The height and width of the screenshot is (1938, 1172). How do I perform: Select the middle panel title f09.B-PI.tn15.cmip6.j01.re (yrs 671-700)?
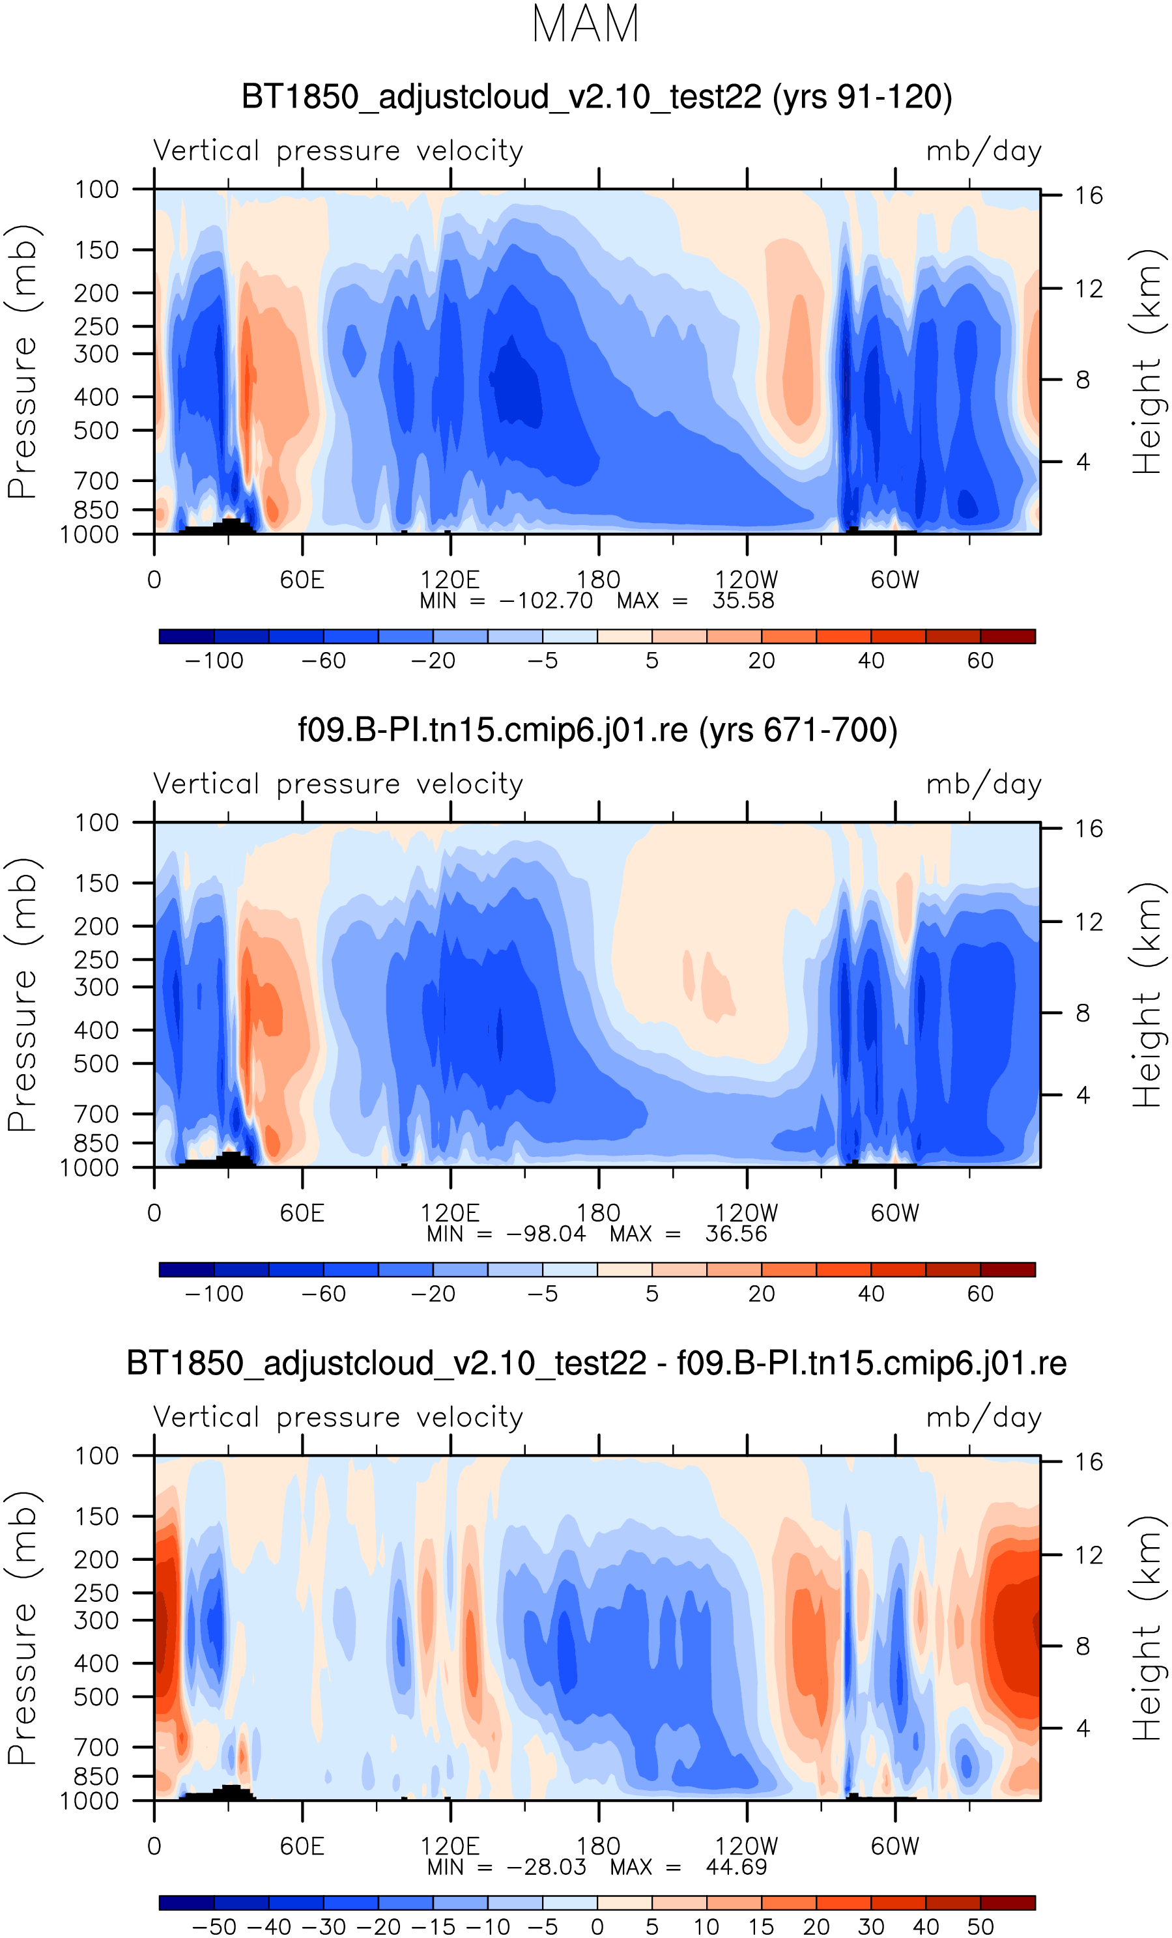point(597,730)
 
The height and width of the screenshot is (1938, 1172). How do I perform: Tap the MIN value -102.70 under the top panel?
point(546,601)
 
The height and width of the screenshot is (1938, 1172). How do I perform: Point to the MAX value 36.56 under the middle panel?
point(736,1234)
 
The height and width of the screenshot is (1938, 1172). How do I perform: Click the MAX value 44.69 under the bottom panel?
point(736,1867)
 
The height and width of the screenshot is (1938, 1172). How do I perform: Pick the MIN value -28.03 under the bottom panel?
point(546,1867)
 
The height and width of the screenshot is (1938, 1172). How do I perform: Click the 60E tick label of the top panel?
point(302,580)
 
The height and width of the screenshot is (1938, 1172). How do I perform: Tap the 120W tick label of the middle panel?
point(746,1213)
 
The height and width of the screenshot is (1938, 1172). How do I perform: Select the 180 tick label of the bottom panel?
point(598,1846)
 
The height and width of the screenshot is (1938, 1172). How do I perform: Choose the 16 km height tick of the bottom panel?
point(1089,1462)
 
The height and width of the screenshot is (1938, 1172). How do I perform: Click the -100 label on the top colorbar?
point(214,661)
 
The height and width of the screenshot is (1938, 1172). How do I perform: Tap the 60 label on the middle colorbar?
point(980,1294)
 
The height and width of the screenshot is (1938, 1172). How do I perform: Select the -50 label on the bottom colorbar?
point(214,1927)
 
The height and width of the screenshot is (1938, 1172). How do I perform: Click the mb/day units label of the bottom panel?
point(983,1418)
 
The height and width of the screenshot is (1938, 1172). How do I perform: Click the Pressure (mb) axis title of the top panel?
point(22,362)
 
